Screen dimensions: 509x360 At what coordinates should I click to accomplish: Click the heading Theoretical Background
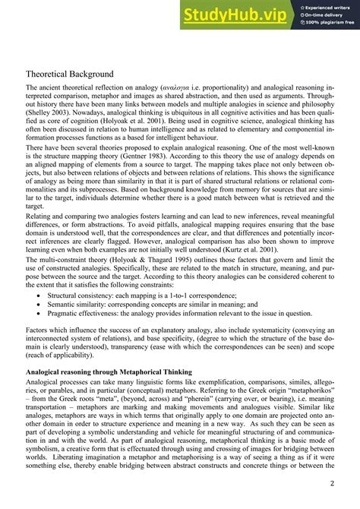(x=70, y=74)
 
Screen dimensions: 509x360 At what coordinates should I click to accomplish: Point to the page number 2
(x=333, y=484)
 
